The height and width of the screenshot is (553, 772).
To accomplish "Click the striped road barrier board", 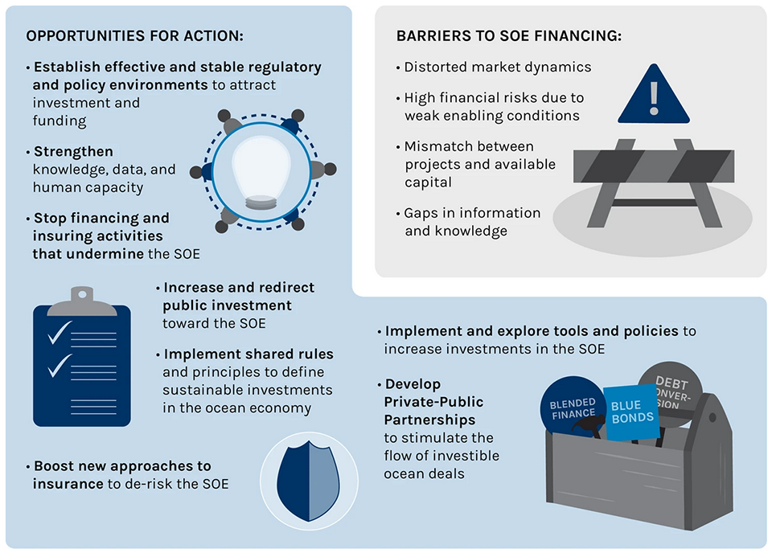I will (653, 165).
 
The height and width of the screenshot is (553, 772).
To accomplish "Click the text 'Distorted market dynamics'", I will (497, 68).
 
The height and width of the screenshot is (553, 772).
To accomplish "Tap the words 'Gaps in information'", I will (472, 213).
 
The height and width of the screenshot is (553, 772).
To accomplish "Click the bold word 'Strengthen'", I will (73, 151).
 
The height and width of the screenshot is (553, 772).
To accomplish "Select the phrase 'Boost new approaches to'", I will (122, 466).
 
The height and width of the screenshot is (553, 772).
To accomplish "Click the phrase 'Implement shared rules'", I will (248, 354).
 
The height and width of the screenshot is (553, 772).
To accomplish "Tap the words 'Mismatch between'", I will (469, 146).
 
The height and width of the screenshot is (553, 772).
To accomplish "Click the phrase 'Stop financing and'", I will (101, 218).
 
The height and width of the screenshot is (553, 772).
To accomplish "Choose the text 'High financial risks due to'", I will (494, 98).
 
